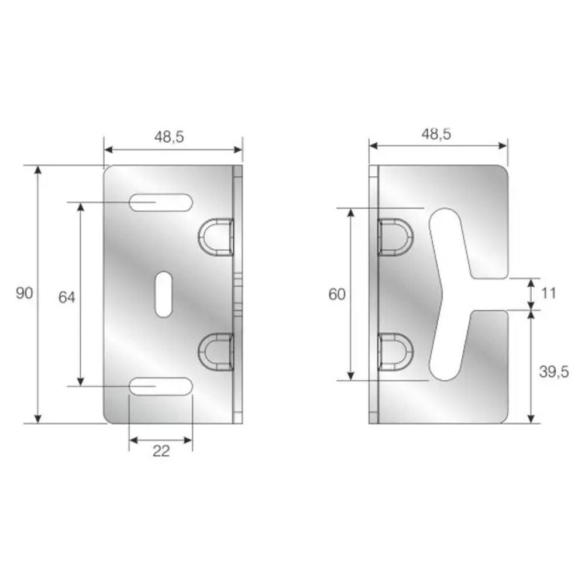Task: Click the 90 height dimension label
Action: tap(25, 293)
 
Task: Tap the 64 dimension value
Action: tap(67, 297)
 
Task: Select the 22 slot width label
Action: tap(161, 451)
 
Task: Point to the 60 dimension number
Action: tap(337, 295)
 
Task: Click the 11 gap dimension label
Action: tap(549, 293)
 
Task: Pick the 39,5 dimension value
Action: tap(554, 372)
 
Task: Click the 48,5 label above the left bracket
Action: tap(170, 137)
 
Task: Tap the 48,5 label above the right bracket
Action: tap(436, 134)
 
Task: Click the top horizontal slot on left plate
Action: tap(161, 202)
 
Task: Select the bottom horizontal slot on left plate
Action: tap(161, 386)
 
